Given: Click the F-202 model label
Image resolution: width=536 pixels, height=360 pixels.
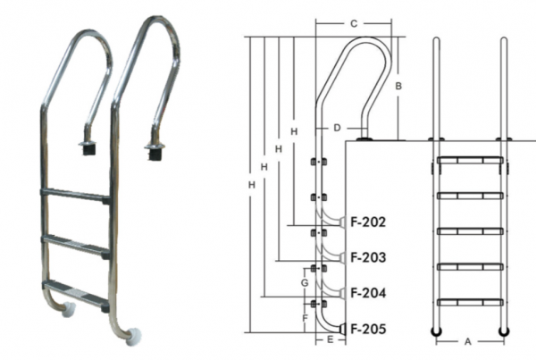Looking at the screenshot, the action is click(368, 222).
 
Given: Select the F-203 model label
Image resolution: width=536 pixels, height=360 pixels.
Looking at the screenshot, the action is click(368, 257).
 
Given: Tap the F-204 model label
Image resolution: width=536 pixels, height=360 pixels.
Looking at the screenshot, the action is click(368, 293).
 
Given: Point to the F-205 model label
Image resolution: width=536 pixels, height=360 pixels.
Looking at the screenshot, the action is click(368, 329).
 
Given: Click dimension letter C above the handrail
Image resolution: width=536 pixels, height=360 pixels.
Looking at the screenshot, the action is click(354, 24).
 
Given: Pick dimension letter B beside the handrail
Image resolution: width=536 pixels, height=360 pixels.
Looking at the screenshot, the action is click(398, 86).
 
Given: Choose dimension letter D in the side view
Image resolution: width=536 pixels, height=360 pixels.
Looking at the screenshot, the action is click(337, 128).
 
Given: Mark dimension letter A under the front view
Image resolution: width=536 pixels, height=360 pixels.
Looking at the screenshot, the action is click(468, 341).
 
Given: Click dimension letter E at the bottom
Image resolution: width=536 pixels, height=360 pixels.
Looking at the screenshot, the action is click(330, 339).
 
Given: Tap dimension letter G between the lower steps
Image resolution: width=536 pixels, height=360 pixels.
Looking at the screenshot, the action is click(305, 283).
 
